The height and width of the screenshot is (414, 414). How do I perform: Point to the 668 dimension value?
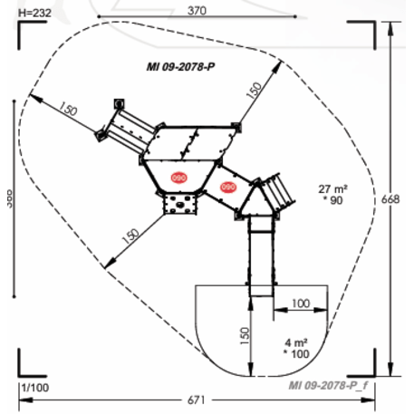click(x=400, y=198)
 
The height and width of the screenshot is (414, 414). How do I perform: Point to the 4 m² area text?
click(x=295, y=342)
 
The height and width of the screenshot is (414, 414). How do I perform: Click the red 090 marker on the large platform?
click(x=178, y=178)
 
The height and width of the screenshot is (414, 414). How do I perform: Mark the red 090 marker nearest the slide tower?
click(x=227, y=187)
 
